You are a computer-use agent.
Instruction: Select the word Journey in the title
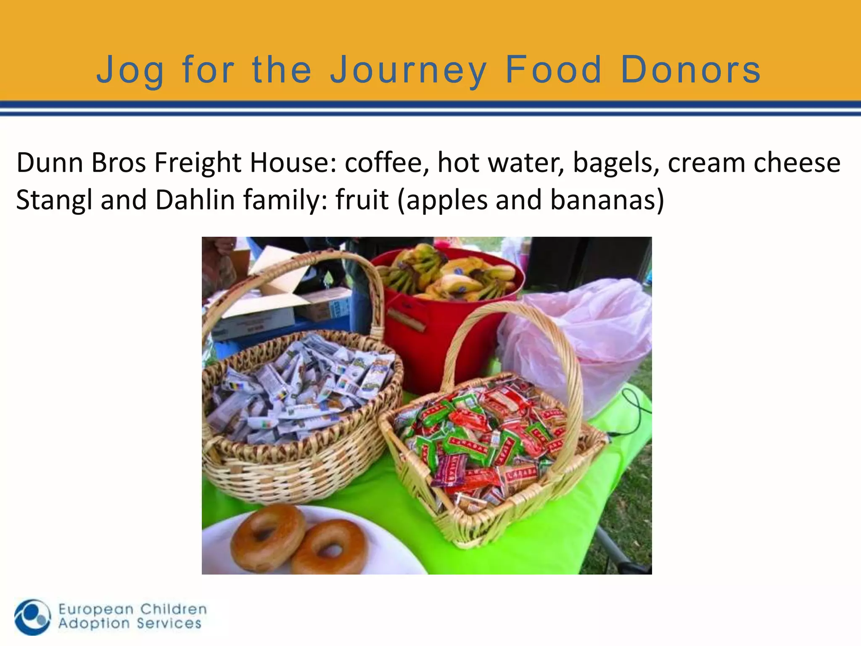point(408,70)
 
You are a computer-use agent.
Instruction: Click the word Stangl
point(54,200)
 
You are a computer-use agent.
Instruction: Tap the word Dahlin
point(195,200)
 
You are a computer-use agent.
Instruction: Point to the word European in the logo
point(96,609)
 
